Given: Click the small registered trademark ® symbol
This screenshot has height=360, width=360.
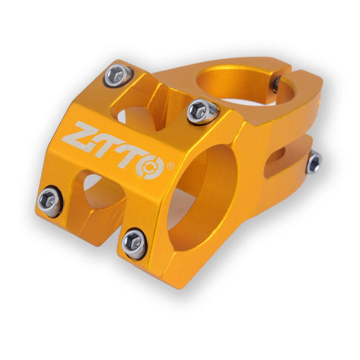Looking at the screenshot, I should tap(170, 165).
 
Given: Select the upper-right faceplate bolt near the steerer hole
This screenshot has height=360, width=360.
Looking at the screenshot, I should tap(202, 111).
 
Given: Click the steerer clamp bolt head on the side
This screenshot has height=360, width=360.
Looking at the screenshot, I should tap(314, 162).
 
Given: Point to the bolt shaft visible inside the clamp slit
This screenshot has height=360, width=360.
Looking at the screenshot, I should tap(276, 84).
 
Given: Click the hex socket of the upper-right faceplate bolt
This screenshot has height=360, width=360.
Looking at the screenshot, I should tap(198, 110).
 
